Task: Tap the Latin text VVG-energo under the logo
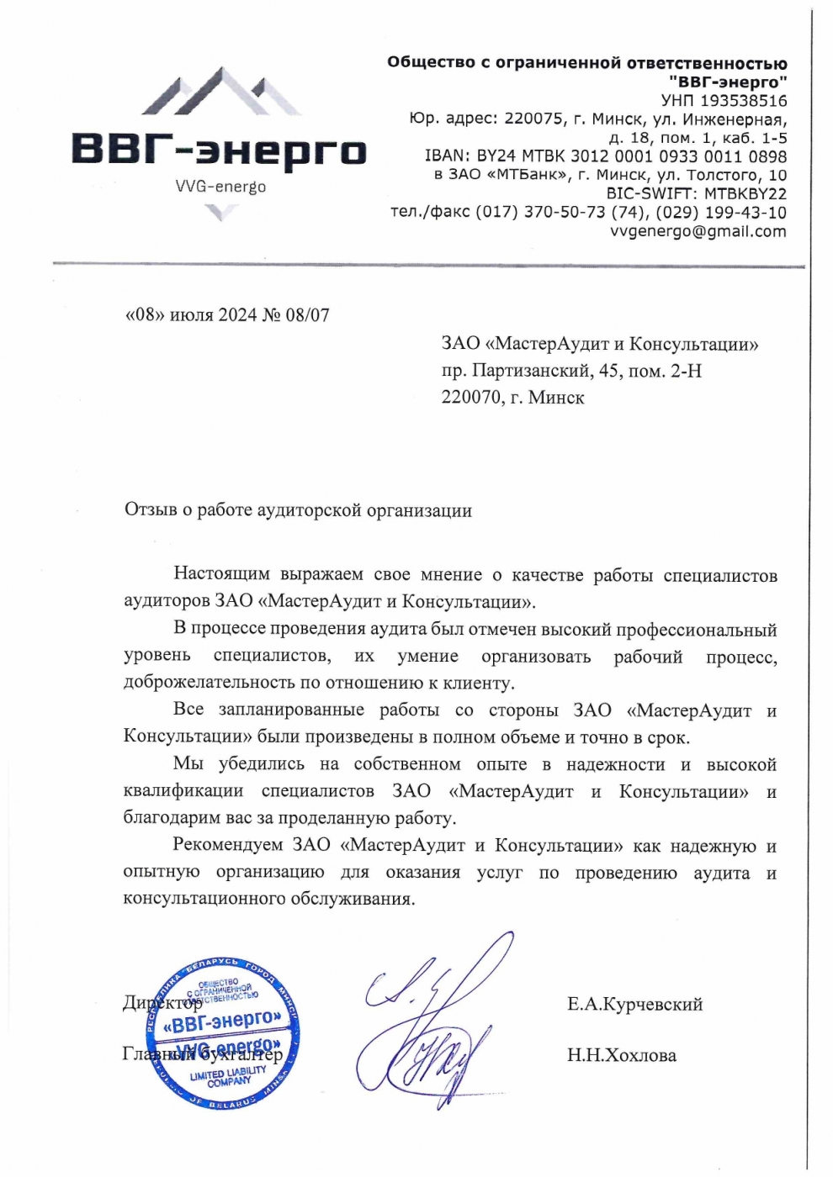click(220, 187)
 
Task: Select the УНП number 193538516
click(744, 101)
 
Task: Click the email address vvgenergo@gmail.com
click(698, 231)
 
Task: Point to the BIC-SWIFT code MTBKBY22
click(745, 194)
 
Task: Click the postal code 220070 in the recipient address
click(470, 398)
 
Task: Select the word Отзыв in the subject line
click(151, 510)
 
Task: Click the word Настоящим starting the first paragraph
click(221, 574)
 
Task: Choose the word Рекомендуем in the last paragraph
click(226, 845)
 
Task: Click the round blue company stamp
click(223, 1032)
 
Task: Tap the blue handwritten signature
click(429, 1021)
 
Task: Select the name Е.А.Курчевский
click(634, 1005)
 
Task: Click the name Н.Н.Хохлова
click(621, 1056)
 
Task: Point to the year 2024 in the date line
click(237, 316)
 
